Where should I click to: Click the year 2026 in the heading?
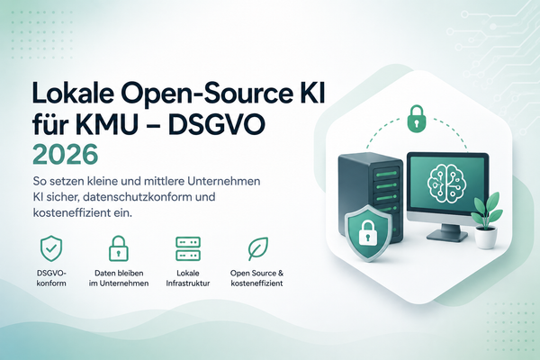click(66, 155)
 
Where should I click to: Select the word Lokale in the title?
click(73, 93)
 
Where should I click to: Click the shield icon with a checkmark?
click(51, 248)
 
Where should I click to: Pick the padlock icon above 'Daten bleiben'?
click(119, 248)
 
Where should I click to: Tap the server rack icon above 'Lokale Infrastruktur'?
click(188, 248)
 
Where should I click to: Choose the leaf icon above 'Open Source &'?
click(258, 248)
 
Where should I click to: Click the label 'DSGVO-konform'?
click(51, 278)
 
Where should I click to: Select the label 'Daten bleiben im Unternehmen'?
click(119, 278)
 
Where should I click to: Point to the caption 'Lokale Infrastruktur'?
click(188, 278)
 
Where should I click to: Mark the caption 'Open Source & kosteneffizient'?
click(256, 278)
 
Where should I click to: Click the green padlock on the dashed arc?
click(417, 119)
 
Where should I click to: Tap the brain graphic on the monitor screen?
click(447, 182)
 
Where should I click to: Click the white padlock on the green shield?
click(368, 233)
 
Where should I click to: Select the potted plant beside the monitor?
click(486, 220)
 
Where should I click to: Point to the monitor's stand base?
click(447, 235)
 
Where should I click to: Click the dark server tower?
click(371, 193)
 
